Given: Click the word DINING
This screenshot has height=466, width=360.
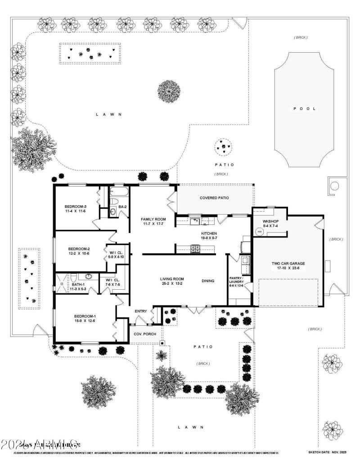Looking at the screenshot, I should pyautogui.click(x=208, y=281).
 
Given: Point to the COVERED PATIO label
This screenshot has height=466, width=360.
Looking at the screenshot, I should pyautogui.click(x=215, y=198).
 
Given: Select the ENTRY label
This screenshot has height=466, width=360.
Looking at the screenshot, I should pyautogui.click(x=141, y=311).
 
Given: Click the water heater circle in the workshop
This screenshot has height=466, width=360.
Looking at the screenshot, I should pyautogui.click(x=259, y=232).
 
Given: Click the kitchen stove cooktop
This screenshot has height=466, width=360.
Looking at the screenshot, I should pyautogui.click(x=195, y=247).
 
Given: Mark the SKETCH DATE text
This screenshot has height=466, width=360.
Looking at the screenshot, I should pyautogui.click(x=327, y=452).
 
